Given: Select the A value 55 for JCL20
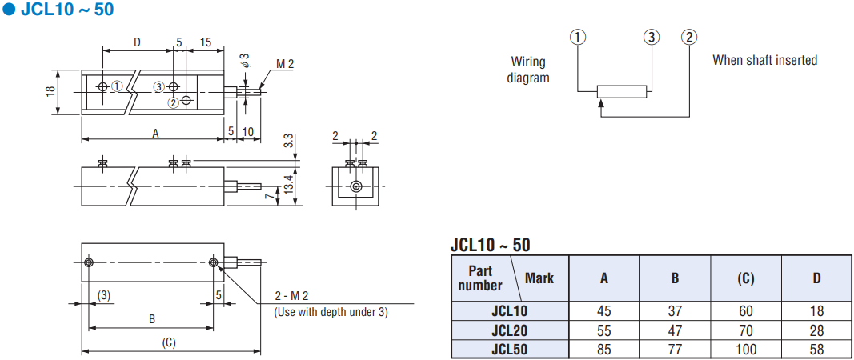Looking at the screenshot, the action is point(604,330).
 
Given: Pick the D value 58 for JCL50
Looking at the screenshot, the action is point(816,349).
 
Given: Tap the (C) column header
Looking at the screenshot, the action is point(746,278).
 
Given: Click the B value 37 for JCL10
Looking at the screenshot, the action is point(675,311).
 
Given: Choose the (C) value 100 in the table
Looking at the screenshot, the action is point(746,349).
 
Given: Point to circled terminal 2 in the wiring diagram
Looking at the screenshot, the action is point(689,37).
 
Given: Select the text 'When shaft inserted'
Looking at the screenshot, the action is point(764,60).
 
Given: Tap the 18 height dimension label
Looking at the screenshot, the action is point(50,91).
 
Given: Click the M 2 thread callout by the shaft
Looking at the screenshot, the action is point(285,64).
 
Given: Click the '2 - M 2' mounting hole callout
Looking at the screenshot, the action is point(292,296).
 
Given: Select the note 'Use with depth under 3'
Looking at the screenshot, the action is point(331,313).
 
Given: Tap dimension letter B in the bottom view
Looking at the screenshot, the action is point(152,319).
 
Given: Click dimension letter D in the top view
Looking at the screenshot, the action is point(137,42).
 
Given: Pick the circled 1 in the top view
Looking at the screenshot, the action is point(117,86).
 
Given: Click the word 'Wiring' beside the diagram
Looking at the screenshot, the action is point(528,62).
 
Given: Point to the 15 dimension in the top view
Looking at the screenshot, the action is point(206,42).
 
